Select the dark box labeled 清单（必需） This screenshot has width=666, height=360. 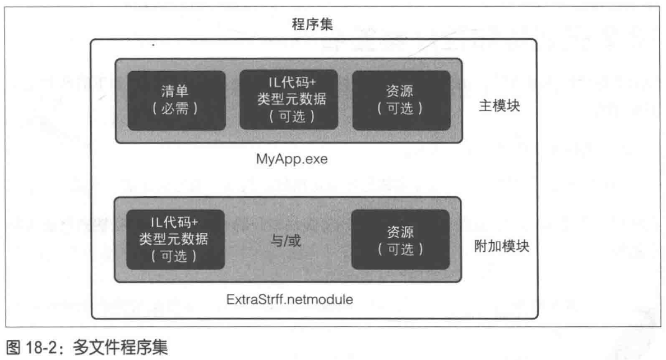point(176,100)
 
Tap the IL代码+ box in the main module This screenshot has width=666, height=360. point(289,100)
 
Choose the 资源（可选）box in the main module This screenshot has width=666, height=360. point(401,100)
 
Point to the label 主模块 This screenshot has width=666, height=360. point(501,106)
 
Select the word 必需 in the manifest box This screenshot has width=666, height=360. point(176,108)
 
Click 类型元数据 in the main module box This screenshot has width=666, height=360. point(289,100)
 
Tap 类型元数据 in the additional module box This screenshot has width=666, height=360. point(175,240)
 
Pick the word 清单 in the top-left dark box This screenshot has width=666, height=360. point(176,91)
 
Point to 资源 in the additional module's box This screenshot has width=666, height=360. point(400,232)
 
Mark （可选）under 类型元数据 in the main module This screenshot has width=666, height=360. point(289,116)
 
